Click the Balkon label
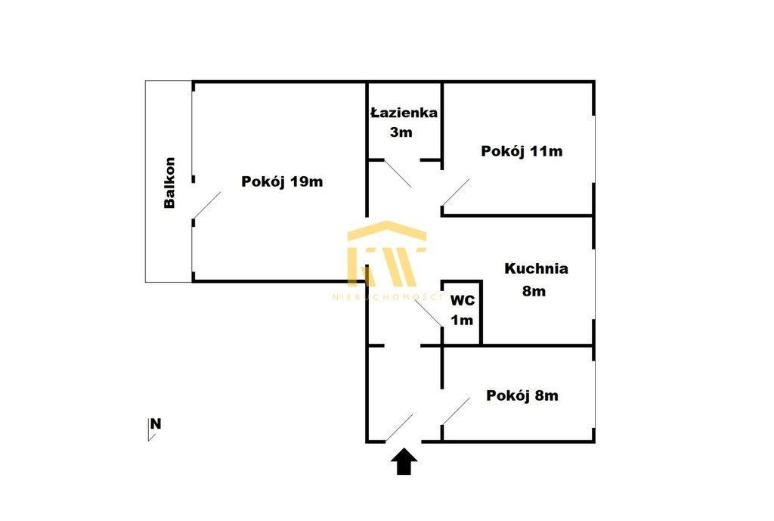tap(169, 183)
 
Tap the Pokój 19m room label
tap(282, 181)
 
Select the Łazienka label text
tap(404, 113)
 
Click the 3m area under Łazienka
tap(401, 132)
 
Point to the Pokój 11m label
tap(522, 150)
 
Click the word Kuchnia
tap(536, 268)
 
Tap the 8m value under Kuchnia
tap(534, 291)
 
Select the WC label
tap(463, 300)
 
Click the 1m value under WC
tap(462, 320)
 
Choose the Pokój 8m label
tap(522, 395)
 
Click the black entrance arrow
tap(404, 461)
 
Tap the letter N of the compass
tap(156, 423)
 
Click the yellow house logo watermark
tap(386, 253)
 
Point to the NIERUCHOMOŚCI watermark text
tap(387, 297)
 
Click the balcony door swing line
tap(207, 205)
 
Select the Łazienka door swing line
tap(398, 174)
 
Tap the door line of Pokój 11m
tap(456, 192)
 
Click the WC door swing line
tap(428, 312)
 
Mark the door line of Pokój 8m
tap(456, 411)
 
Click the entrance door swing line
tap(399, 428)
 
